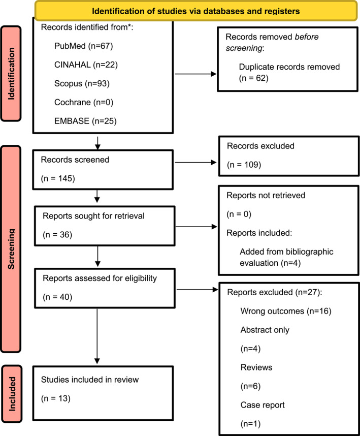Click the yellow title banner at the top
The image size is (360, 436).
tap(196, 11)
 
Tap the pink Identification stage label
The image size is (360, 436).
tap(11, 74)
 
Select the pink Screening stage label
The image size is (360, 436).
tap(11, 249)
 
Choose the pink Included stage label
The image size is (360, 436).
tap(12, 394)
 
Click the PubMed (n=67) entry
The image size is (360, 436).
tap(84, 46)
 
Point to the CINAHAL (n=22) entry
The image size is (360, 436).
tap(86, 65)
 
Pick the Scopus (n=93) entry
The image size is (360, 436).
tap(82, 83)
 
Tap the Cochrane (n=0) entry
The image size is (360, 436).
tap(84, 102)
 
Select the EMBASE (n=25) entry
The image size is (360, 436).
tap(85, 121)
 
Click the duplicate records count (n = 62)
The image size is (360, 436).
tap(253, 78)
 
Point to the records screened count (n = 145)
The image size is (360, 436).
tap(58, 178)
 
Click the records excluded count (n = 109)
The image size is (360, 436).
tap(244, 165)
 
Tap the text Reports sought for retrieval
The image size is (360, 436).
tap(93, 216)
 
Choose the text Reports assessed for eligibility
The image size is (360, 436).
tap(100, 278)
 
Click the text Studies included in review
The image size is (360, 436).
tap(90, 380)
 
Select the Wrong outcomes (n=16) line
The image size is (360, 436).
tap(286, 311)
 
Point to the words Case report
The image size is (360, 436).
tap(263, 405)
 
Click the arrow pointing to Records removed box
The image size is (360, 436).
tap(195, 74)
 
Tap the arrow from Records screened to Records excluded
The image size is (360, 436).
tap(195, 163)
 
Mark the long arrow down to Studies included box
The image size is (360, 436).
tap(97, 336)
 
